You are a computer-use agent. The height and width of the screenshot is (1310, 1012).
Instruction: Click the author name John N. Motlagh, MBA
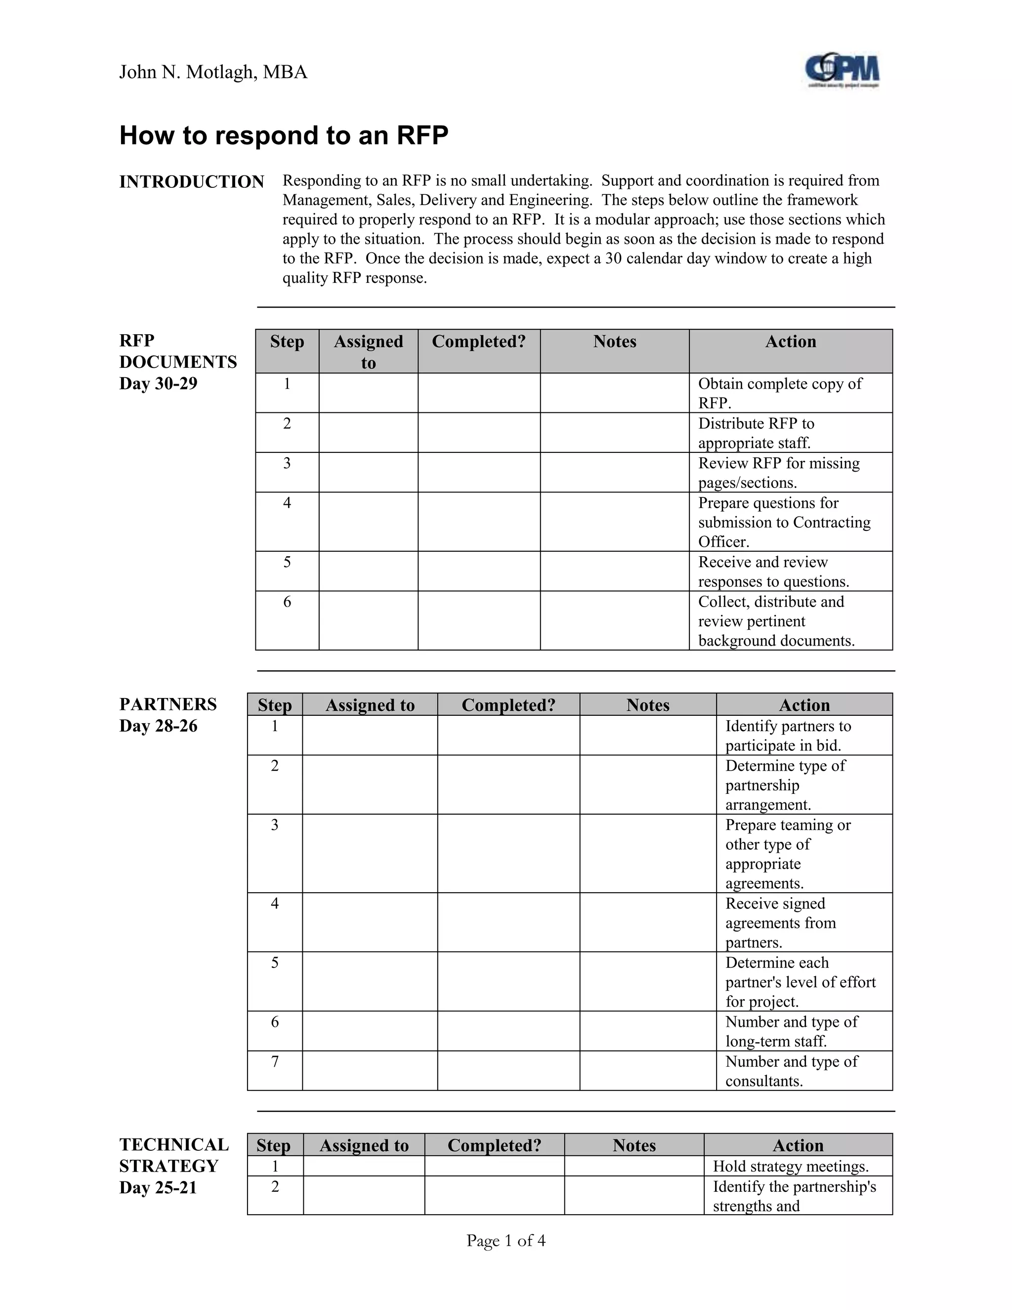213,73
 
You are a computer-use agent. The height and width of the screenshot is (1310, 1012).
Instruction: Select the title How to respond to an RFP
284,135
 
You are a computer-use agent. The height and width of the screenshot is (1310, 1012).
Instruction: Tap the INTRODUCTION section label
191,182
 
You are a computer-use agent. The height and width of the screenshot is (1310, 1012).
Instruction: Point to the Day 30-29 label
158,384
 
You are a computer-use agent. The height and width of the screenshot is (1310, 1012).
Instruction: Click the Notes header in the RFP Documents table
615,342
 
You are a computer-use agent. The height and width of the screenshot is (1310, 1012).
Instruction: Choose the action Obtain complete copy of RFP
779,393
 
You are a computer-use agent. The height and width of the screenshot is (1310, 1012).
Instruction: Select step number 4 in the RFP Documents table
287,503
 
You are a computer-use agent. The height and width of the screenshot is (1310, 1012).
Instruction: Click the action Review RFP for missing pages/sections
778,473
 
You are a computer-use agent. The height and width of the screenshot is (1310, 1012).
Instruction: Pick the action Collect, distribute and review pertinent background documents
776,621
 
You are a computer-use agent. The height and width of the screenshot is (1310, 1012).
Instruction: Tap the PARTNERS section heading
168,704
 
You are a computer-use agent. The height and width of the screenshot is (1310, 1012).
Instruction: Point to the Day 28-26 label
158,726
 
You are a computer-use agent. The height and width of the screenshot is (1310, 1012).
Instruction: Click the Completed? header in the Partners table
508,705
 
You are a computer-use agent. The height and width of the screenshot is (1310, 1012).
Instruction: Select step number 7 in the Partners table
275,1062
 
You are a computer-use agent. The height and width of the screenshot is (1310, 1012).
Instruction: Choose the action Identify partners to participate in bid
788,736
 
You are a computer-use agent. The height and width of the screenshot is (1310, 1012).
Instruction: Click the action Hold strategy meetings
790,1167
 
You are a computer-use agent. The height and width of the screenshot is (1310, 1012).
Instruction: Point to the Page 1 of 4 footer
506,1241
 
